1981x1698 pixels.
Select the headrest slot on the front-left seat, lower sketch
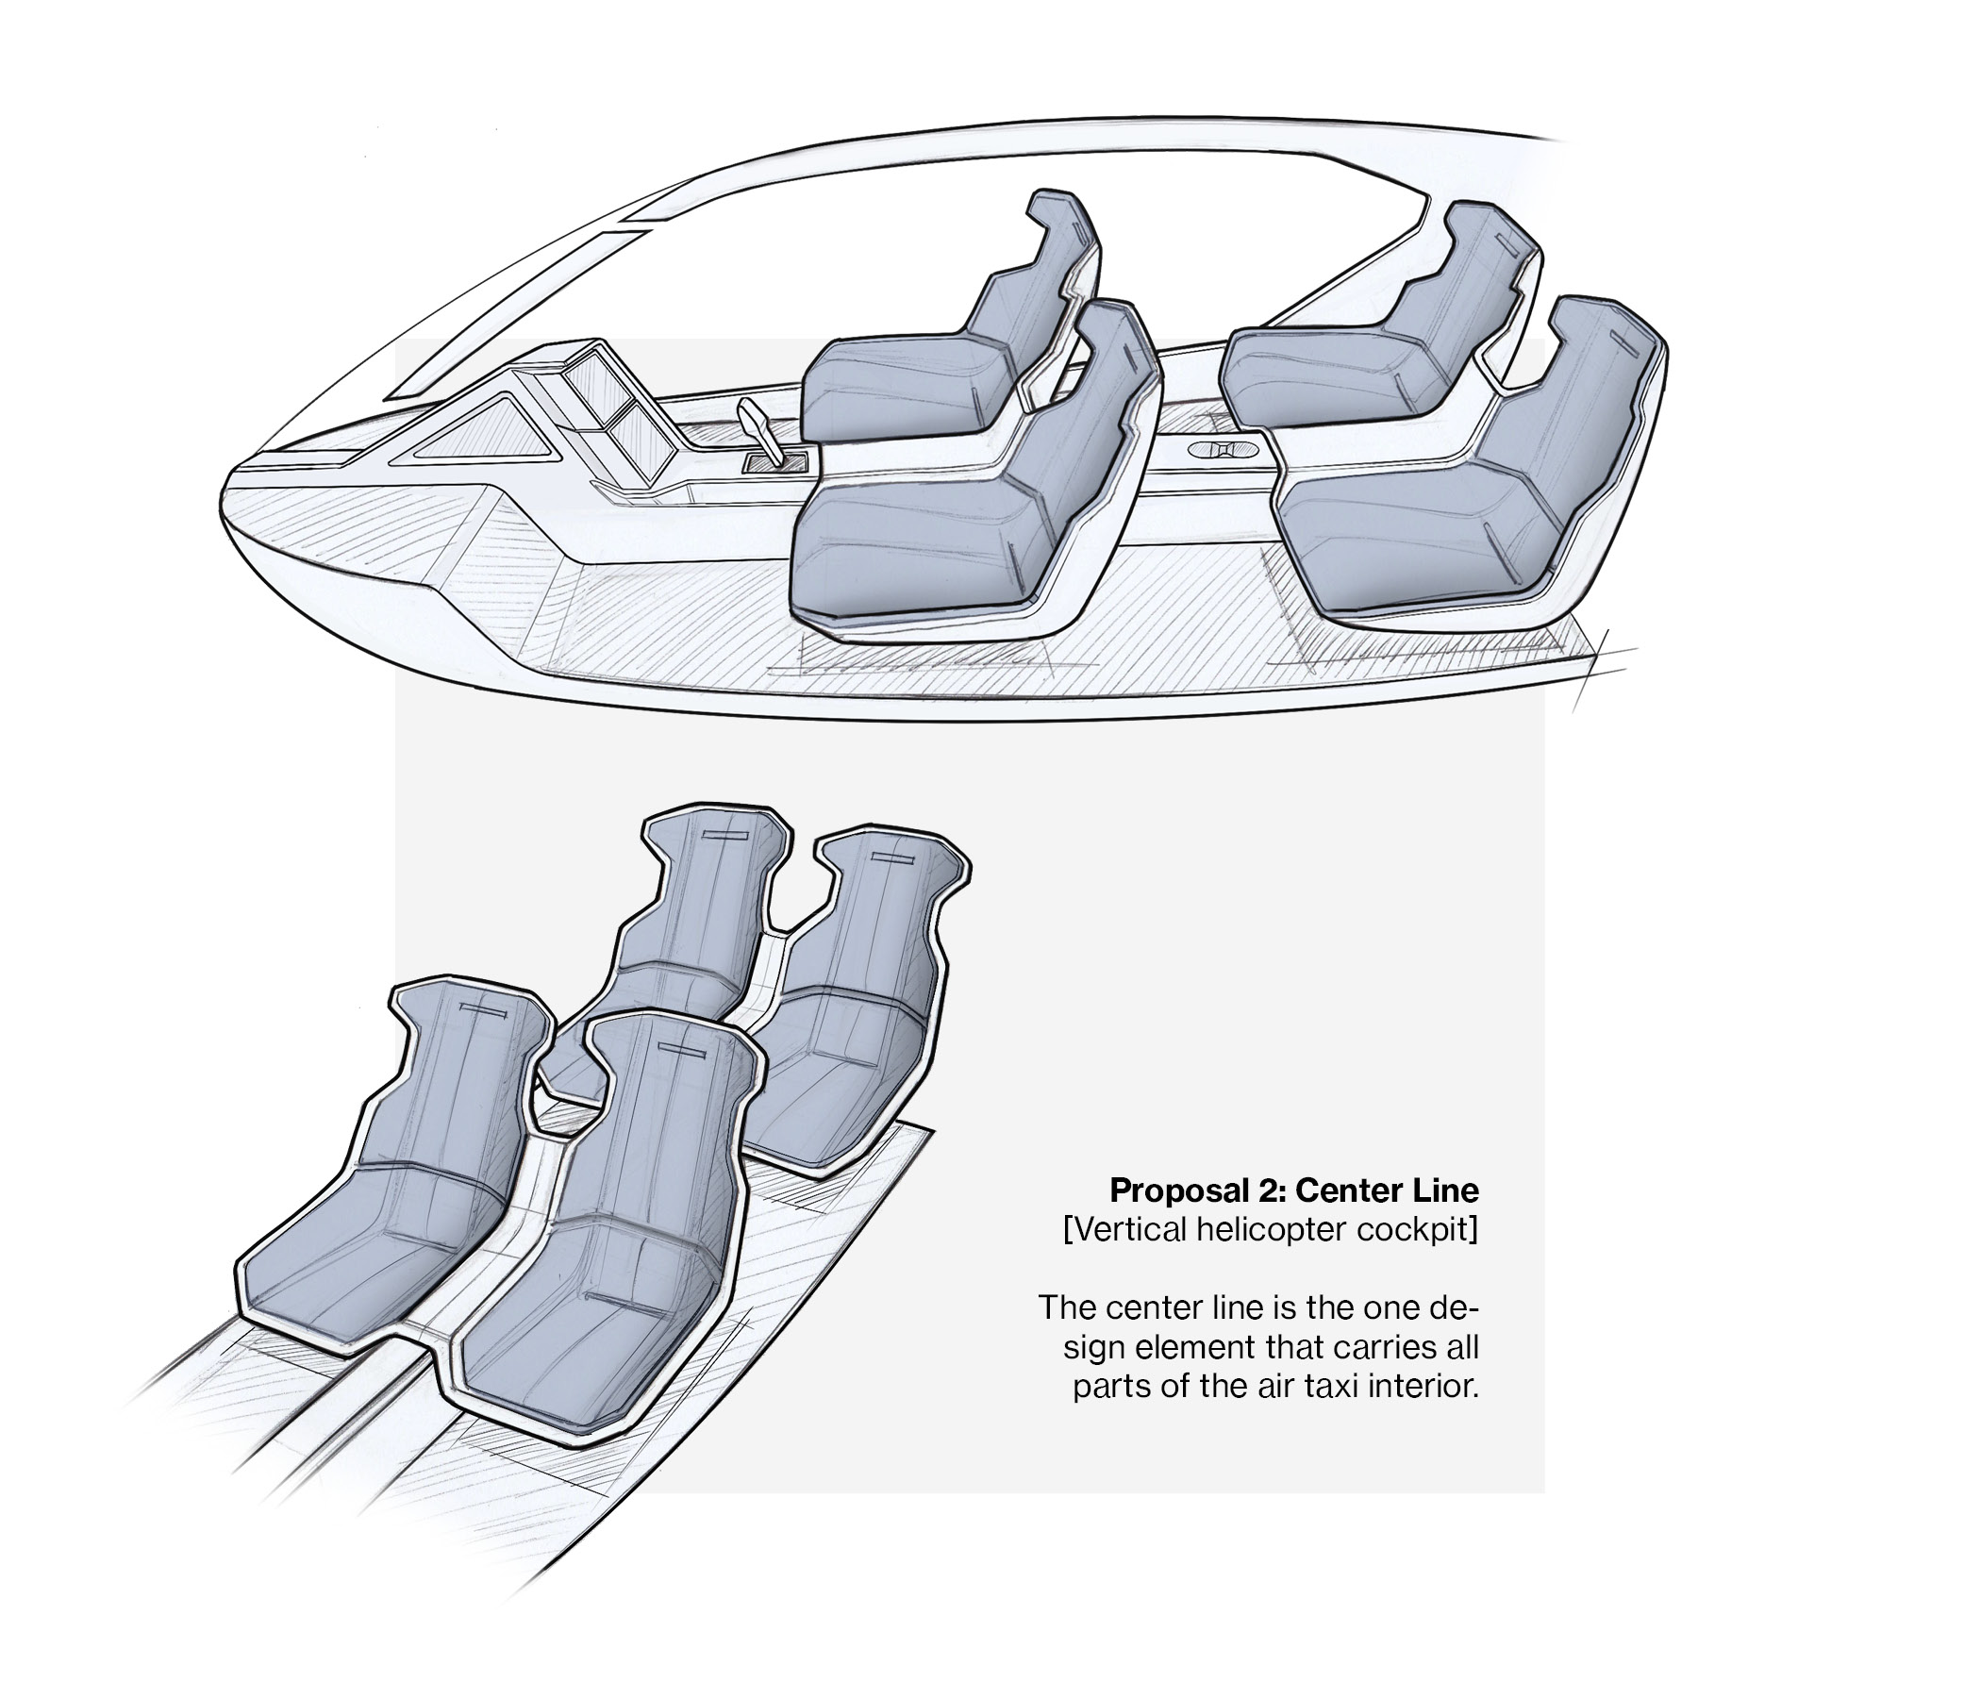tap(488, 1008)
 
